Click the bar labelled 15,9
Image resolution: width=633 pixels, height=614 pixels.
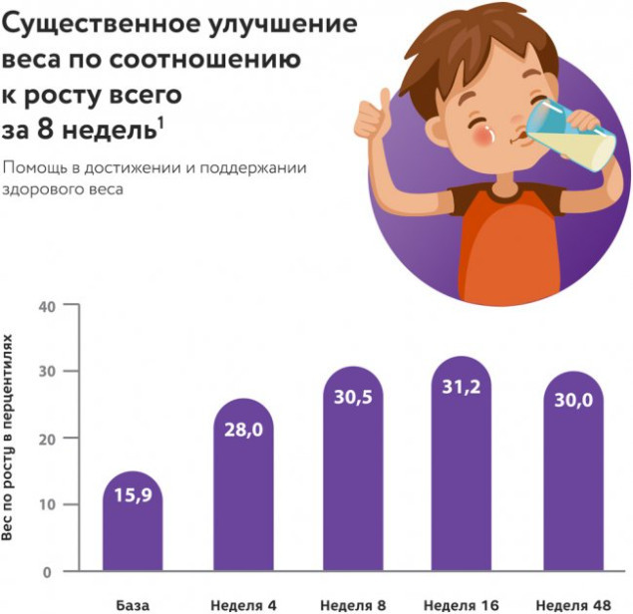[132, 523]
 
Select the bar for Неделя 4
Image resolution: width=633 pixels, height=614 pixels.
[242, 488]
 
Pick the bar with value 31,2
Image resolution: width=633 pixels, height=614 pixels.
[462, 468]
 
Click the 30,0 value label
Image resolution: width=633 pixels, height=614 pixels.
[572, 399]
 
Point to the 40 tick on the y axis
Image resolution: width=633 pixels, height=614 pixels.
[44, 305]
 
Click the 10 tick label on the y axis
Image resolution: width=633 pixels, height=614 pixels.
[44, 504]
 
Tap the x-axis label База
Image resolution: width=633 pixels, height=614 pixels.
[132, 604]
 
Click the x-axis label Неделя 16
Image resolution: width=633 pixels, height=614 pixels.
[462, 604]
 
